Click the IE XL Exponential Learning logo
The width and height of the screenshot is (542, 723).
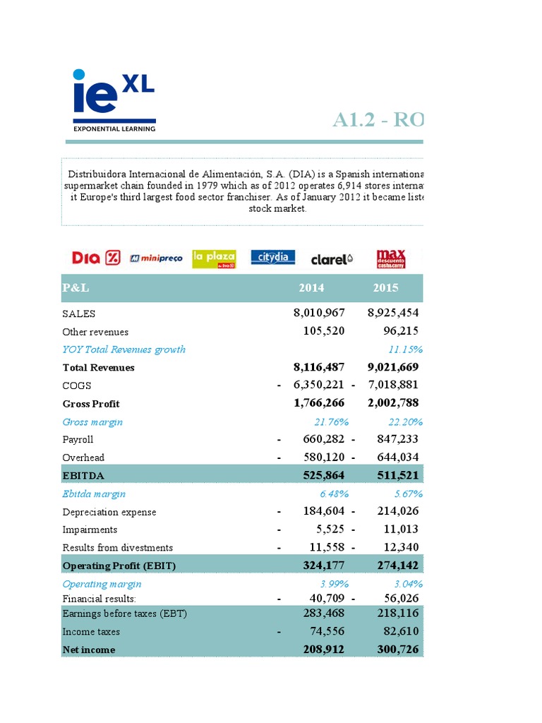114,100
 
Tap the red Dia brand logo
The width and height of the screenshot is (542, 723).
96,258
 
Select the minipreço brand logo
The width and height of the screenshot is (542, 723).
156,258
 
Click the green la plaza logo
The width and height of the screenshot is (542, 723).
214,258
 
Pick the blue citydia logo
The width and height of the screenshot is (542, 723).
273,258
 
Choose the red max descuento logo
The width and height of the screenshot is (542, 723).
390,258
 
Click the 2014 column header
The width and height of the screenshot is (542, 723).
311,288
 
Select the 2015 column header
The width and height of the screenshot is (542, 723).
385,288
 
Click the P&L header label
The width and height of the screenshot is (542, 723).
76,288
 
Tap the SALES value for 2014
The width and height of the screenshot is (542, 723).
319,313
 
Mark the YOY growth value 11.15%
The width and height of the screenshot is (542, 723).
405,349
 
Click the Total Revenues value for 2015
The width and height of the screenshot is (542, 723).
393,367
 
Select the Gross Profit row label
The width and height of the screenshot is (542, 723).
91,404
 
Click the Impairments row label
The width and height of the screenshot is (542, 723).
90,530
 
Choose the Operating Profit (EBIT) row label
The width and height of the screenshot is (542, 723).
119,566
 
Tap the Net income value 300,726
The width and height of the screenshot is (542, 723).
393,650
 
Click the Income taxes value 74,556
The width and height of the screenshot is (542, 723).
323,632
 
